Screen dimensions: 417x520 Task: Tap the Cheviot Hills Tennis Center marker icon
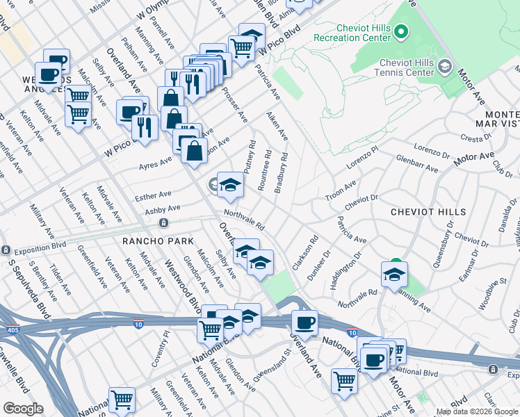point(445,67)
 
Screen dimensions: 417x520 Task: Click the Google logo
point(22,409)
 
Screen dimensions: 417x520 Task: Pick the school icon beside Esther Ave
point(230,185)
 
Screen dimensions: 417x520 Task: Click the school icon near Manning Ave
point(393,275)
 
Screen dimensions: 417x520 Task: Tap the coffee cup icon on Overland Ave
point(304,323)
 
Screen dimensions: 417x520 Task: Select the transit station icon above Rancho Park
point(163,223)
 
